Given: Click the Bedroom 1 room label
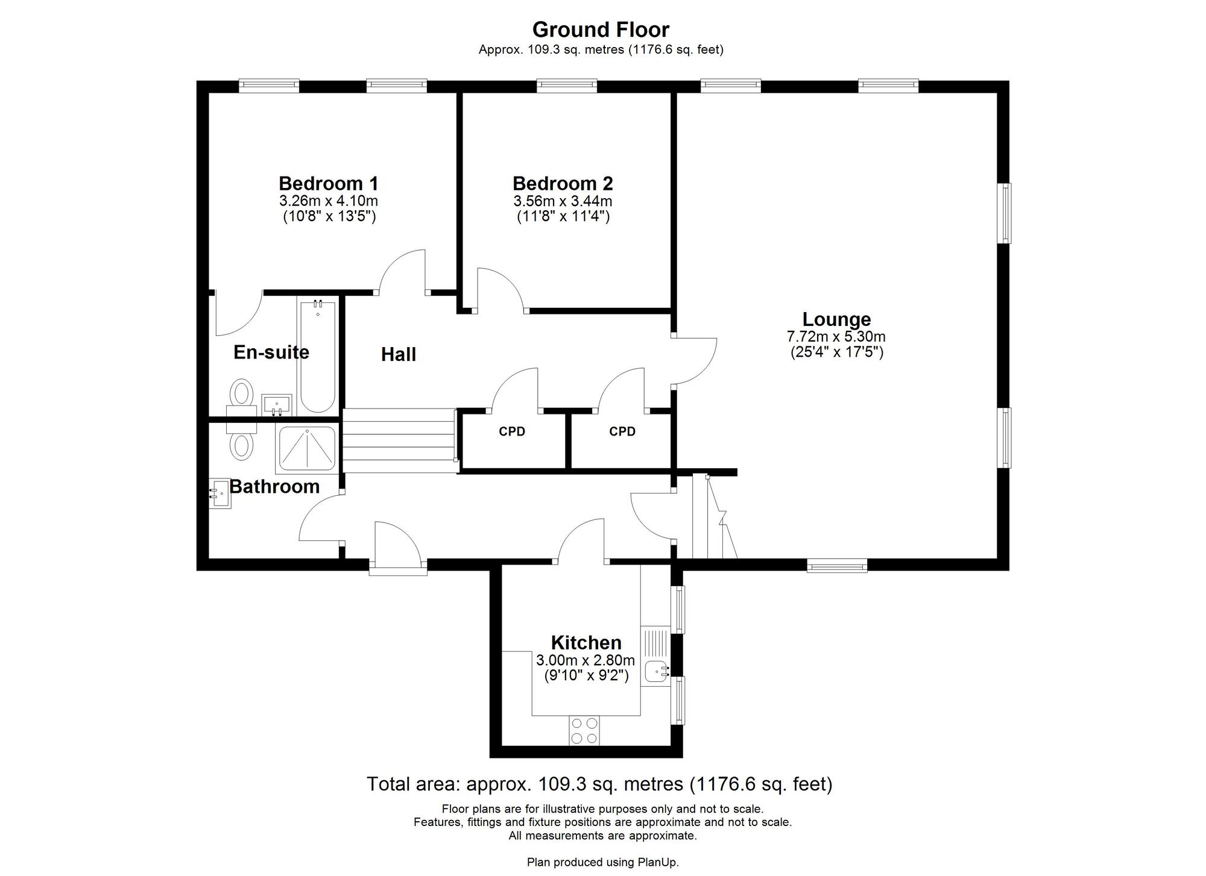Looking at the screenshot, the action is pyautogui.click(x=329, y=183).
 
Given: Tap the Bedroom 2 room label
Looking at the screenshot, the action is pyautogui.click(x=563, y=183).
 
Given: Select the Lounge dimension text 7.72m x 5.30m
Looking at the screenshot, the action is pyautogui.click(x=836, y=337).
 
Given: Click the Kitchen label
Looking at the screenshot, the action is pyautogui.click(x=586, y=642).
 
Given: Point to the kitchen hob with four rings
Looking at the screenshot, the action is pyautogui.click(x=584, y=730).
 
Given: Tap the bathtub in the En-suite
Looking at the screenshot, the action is pyautogui.click(x=318, y=357).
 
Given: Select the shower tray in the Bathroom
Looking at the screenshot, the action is pyautogui.click(x=306, y=449).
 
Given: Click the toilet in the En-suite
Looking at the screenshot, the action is pyautogui.click(x=242, y=398).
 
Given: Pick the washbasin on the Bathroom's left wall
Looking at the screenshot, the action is pyautogui.click(x=220, y=493).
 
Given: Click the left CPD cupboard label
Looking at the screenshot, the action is pyautogui.click(x=512, y=431).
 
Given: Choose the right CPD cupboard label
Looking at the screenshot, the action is pyautogui.click(x=622, y=431).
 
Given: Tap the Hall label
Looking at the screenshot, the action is pyautogui.click(x=399, y=354).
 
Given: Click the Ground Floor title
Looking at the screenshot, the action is pyautogui.click(x=601, y=30).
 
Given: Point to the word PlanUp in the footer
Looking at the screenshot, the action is pyautogui.click(x=658, y=862).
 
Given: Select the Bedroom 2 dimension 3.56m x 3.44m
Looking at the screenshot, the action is pyautogui.click(x=563, y=201).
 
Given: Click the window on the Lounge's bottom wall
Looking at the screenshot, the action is pyautogui.click(x=837, y=566).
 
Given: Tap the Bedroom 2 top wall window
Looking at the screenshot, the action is pyautogui.click(x=567, y=86).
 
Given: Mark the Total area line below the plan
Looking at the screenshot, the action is pyautogui.click(x=599, y=784).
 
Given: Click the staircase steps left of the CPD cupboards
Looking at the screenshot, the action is pyautogui.click(x=399, y=440).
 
